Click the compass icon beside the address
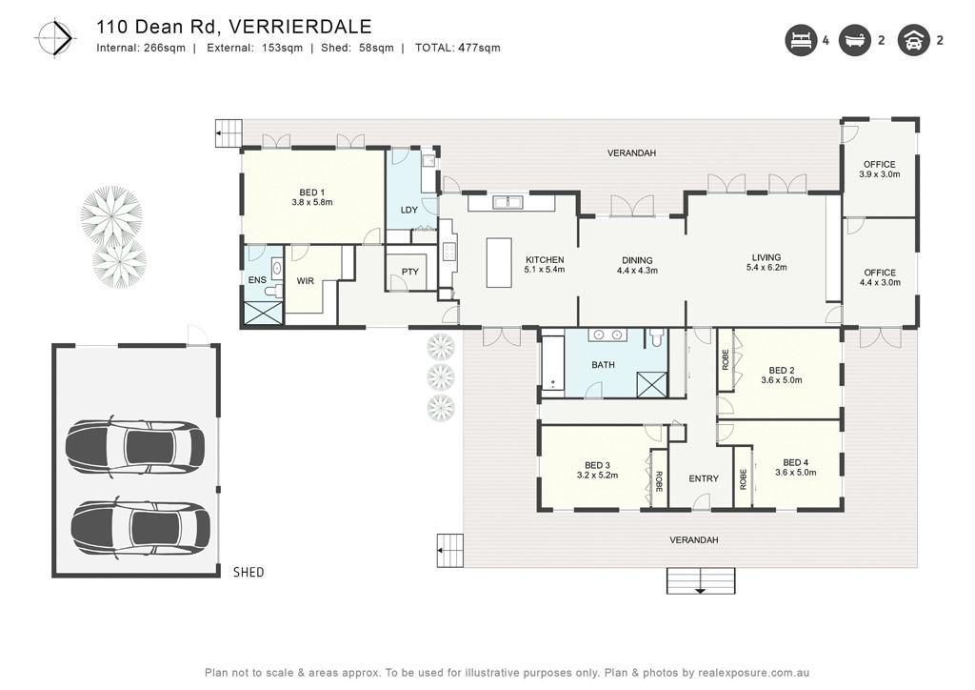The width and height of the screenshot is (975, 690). pyautogui.click(x=54, y=38)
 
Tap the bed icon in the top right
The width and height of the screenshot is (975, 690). pyautogui.click(x=800, y=40)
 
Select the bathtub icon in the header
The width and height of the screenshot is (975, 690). pyautogui.click(x=855, y=40)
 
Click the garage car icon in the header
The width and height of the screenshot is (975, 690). pyautogui.click(x=913, y=40)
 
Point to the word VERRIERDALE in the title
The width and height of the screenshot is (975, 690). pyautogui.click(x=300, y=27)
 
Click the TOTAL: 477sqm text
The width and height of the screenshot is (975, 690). pyautogui.click(x=457, y=48)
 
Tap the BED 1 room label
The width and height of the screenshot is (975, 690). pyautogui.click(x=312, y=193)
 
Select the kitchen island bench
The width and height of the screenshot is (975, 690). pyautogui.click(x=499, y=262)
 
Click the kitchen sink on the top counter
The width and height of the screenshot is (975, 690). pyautogui.click(x=508, y=202)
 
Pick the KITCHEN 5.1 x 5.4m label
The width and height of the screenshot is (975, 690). pyautogui.click(x=545, y=265)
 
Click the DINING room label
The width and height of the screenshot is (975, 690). pyautogui.click(x=637, y=261)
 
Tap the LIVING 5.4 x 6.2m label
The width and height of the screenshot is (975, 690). pyautogui.click(x=766, y=262)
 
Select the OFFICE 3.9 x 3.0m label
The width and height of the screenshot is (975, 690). pyautogui.click(x=879, y=170)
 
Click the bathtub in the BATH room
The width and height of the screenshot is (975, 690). pyautogui.click(x=553, y=363)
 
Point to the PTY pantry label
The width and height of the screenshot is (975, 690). pyautogui.click(x=409, y=272)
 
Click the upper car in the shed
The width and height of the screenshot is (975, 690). pyautogui.click(x=135, y=446)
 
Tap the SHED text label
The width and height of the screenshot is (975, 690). pyautogui.click(x=249, y=573)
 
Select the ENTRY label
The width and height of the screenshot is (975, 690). pyautogui.click(x=704, y=478)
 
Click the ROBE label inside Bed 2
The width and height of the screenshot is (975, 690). pyautogui.click(x=725, y=359)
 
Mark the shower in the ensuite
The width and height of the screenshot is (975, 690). pyautogui.click(x=263, y=313)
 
